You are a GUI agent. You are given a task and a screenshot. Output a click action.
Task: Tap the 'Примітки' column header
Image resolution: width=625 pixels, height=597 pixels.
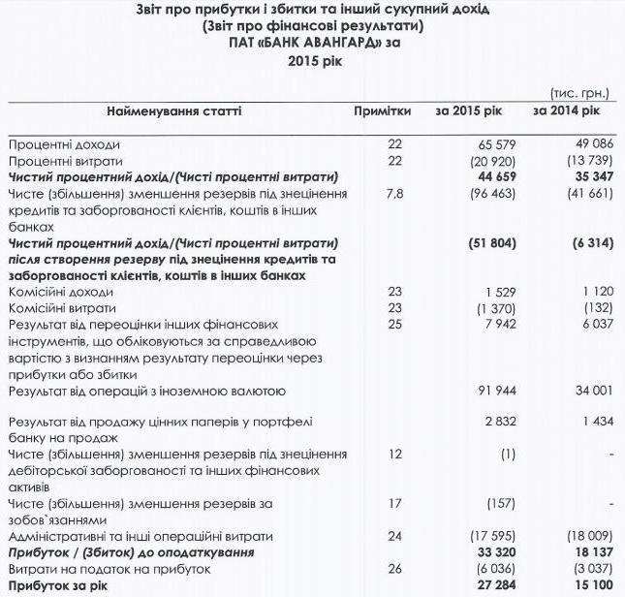384,111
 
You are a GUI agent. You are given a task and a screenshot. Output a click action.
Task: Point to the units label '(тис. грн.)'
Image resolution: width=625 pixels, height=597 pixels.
578,93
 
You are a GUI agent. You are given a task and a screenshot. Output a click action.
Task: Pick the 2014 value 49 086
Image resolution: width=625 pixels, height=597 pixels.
590,144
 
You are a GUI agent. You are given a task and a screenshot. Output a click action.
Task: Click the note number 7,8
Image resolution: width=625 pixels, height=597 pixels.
393,194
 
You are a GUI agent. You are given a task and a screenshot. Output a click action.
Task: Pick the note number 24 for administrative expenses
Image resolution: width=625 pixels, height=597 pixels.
393,536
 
